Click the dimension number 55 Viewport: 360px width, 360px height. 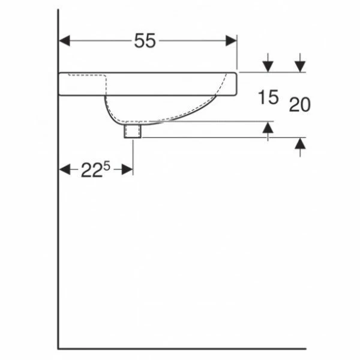pos(145,41)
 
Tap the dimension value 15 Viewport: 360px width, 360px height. pos(268,97)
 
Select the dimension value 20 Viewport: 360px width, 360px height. pos(299,104)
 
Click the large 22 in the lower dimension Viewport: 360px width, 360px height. pos(91,170)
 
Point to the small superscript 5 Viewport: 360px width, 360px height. pos(107,166)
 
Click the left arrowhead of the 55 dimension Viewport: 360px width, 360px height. pos(65,41)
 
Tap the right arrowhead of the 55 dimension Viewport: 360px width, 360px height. pos(231,41)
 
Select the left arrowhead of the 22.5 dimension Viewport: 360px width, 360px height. pos(65,169)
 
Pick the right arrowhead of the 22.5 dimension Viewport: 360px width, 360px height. pos(127,169)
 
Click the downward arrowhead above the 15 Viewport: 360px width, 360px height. pos(268,67)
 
